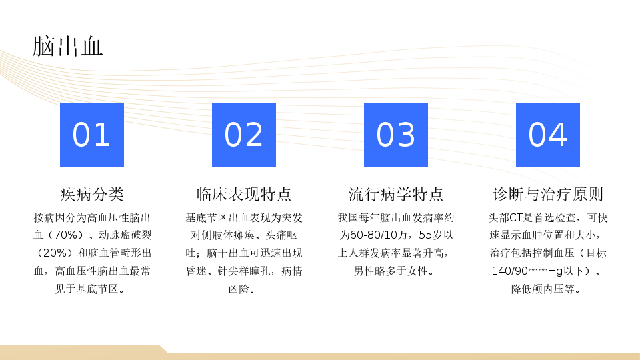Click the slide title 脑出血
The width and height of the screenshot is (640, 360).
point(67,46)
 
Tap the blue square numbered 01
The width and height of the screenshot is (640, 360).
point(92,135)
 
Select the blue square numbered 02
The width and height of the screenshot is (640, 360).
point(244,135)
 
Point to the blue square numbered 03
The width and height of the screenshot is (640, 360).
point(396,135)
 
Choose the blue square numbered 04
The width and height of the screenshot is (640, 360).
point(548,135)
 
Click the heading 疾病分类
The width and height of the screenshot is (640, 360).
point(92,194)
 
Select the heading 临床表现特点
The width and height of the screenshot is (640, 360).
point(244,194)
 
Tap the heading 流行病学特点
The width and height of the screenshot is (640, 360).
point(396,194)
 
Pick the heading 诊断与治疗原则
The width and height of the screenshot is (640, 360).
point(548,194)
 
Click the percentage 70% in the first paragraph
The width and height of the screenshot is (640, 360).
point(66,235)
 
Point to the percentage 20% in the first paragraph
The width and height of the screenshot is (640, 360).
point(55,253)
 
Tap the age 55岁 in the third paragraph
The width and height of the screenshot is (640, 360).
point(431,235)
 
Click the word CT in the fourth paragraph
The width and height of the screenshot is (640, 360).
point(515,218)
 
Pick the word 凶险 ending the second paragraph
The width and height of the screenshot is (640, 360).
point(239,289)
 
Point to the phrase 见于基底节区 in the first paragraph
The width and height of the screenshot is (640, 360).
point(87,289)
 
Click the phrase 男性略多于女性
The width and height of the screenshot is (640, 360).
point(391,271)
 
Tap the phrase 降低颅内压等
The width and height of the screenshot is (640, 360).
point(543,289)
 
